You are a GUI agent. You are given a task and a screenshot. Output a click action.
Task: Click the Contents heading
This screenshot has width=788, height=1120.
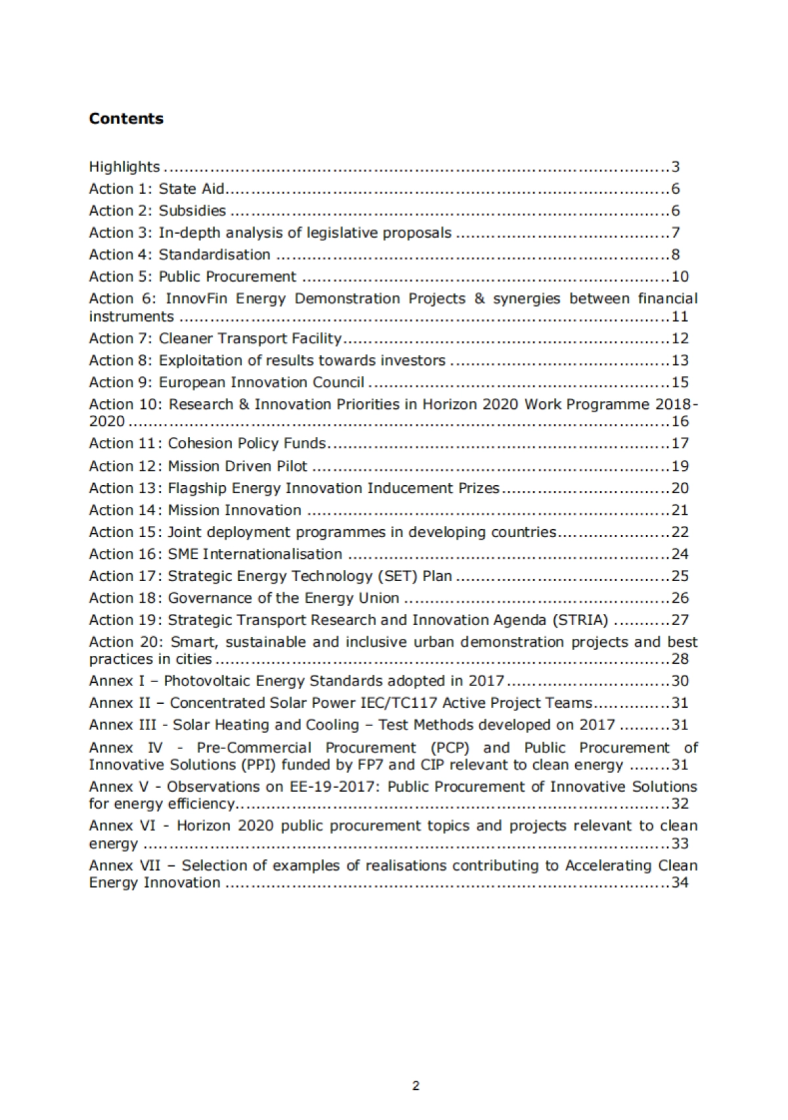(126, 118)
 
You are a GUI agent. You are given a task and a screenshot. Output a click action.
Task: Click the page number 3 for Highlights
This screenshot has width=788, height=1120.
(675, 167)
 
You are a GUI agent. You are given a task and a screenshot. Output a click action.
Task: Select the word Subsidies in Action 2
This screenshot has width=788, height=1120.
(192, 211)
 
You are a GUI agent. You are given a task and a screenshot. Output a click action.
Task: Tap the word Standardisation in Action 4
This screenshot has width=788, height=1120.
(214, 255)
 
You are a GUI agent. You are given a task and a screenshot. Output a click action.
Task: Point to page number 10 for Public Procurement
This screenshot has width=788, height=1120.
(680, 277)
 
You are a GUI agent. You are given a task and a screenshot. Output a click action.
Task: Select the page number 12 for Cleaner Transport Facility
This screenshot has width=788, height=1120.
(680, 339)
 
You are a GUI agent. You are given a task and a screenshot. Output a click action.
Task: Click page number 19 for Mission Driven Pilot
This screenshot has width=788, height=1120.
(680, 466)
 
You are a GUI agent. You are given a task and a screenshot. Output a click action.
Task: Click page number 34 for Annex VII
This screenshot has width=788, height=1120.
(680, 883)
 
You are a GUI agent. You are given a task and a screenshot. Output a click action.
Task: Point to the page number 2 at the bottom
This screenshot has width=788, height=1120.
(416, 1086)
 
